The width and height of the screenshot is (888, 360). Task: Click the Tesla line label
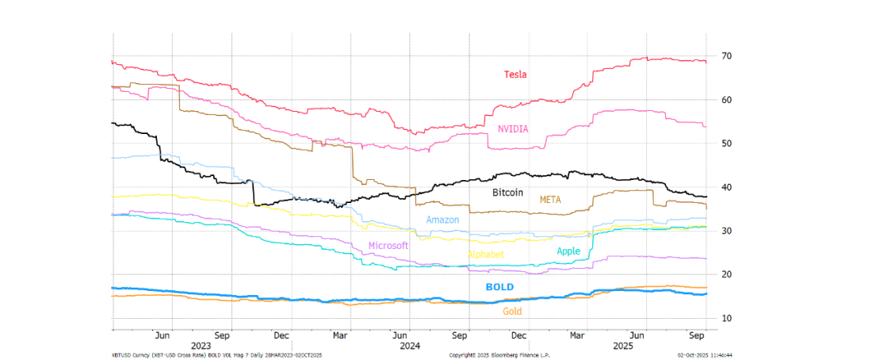[x=515, y=75]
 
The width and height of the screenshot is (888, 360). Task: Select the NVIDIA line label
[x=513, y=128]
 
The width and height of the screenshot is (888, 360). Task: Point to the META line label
[x=550, y=200]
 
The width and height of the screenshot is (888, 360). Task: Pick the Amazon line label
[x=442, y=220]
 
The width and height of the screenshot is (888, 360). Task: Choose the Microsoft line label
[x=388, y=246]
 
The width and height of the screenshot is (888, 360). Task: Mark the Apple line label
[x=568, y=251]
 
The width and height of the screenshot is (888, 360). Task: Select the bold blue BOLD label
[x=499, y=286]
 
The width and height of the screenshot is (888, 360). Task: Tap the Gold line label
[x=512, y=312]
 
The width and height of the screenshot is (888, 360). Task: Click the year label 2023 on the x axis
[x=201, y=346]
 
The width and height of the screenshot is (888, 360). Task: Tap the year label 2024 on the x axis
[x=410, y=346]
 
